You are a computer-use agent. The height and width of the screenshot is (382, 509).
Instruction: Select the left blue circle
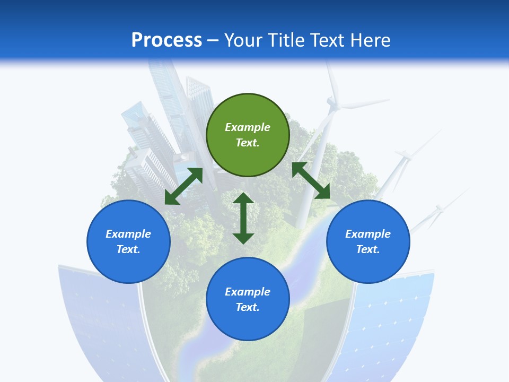click(x=128, y=241)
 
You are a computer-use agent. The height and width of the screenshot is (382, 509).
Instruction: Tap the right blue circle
click(x=368, y=241)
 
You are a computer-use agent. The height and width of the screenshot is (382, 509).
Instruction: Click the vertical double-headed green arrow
click(x=243, y=218)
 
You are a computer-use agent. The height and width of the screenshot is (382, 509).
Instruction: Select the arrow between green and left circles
click(x=183, y=186)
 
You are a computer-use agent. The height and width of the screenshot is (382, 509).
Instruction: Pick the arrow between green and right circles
click(x=311, y=180)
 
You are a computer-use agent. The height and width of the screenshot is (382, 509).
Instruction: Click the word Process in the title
click(x=166, y=40)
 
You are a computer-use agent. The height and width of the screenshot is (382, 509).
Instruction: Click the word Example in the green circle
click(x=248, y=127)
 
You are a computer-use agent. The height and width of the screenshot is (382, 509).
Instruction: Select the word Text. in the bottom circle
click(x=248, y=307)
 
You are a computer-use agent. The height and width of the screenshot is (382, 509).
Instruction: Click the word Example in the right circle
click(x=368, y=234)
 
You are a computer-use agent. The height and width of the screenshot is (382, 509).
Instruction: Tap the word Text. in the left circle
click(x=128, y=249)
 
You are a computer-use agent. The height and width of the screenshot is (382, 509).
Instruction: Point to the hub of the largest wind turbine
click(x=334, y=102)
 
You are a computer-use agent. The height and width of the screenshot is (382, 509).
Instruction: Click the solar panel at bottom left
click(x=101, y=318)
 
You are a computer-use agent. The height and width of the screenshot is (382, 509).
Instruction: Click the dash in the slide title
click(x=213, y=40)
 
